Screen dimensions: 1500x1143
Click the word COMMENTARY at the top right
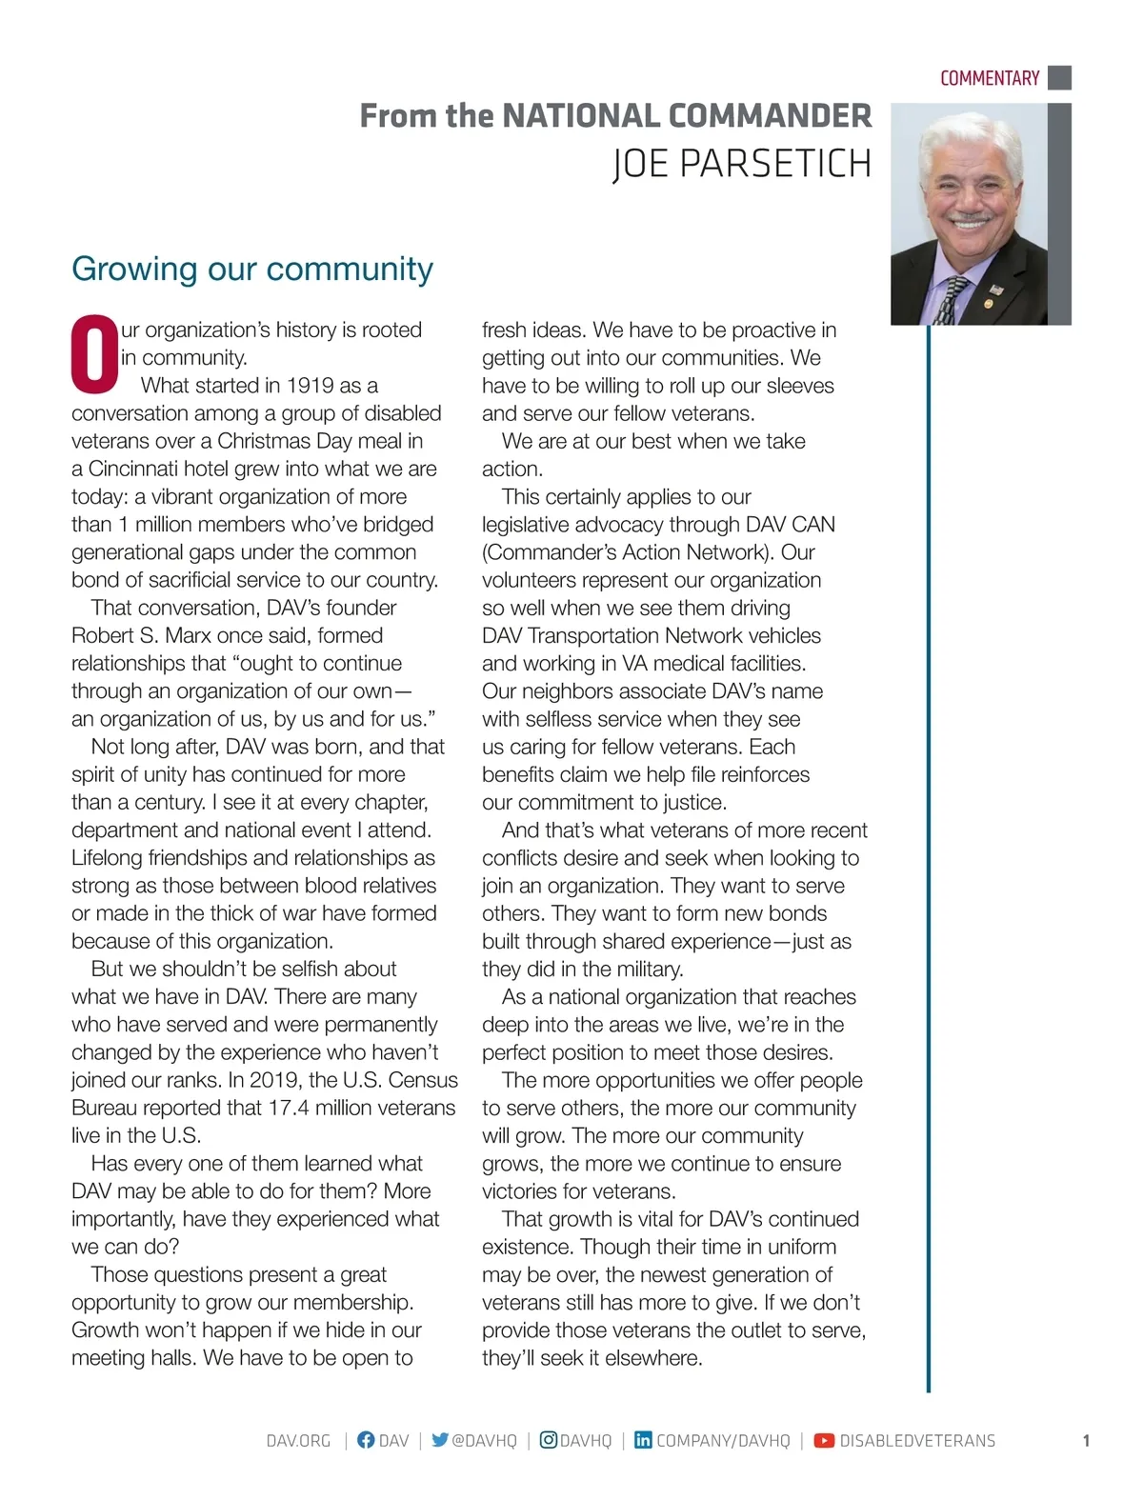click(989, 78)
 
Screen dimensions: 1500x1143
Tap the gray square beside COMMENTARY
click(1059, 77)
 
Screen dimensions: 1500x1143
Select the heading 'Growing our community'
click(252, 269)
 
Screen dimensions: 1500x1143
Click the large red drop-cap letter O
click(94, 354)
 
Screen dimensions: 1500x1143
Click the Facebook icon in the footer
click(366, 1440)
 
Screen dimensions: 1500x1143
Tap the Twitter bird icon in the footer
click(439, 1440)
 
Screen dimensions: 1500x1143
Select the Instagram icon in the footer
click(549, 1440)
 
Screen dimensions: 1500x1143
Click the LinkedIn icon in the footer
click(643, 1440)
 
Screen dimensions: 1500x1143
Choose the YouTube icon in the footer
click(824, 1441)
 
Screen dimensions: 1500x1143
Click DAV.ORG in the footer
click(298, 1441)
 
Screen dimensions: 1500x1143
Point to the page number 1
click(1086, 1441)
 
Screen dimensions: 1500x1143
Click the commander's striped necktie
click(950, 300)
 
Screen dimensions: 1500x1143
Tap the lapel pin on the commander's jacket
click(996, 289)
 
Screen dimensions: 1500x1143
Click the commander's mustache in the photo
click(971, 218)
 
